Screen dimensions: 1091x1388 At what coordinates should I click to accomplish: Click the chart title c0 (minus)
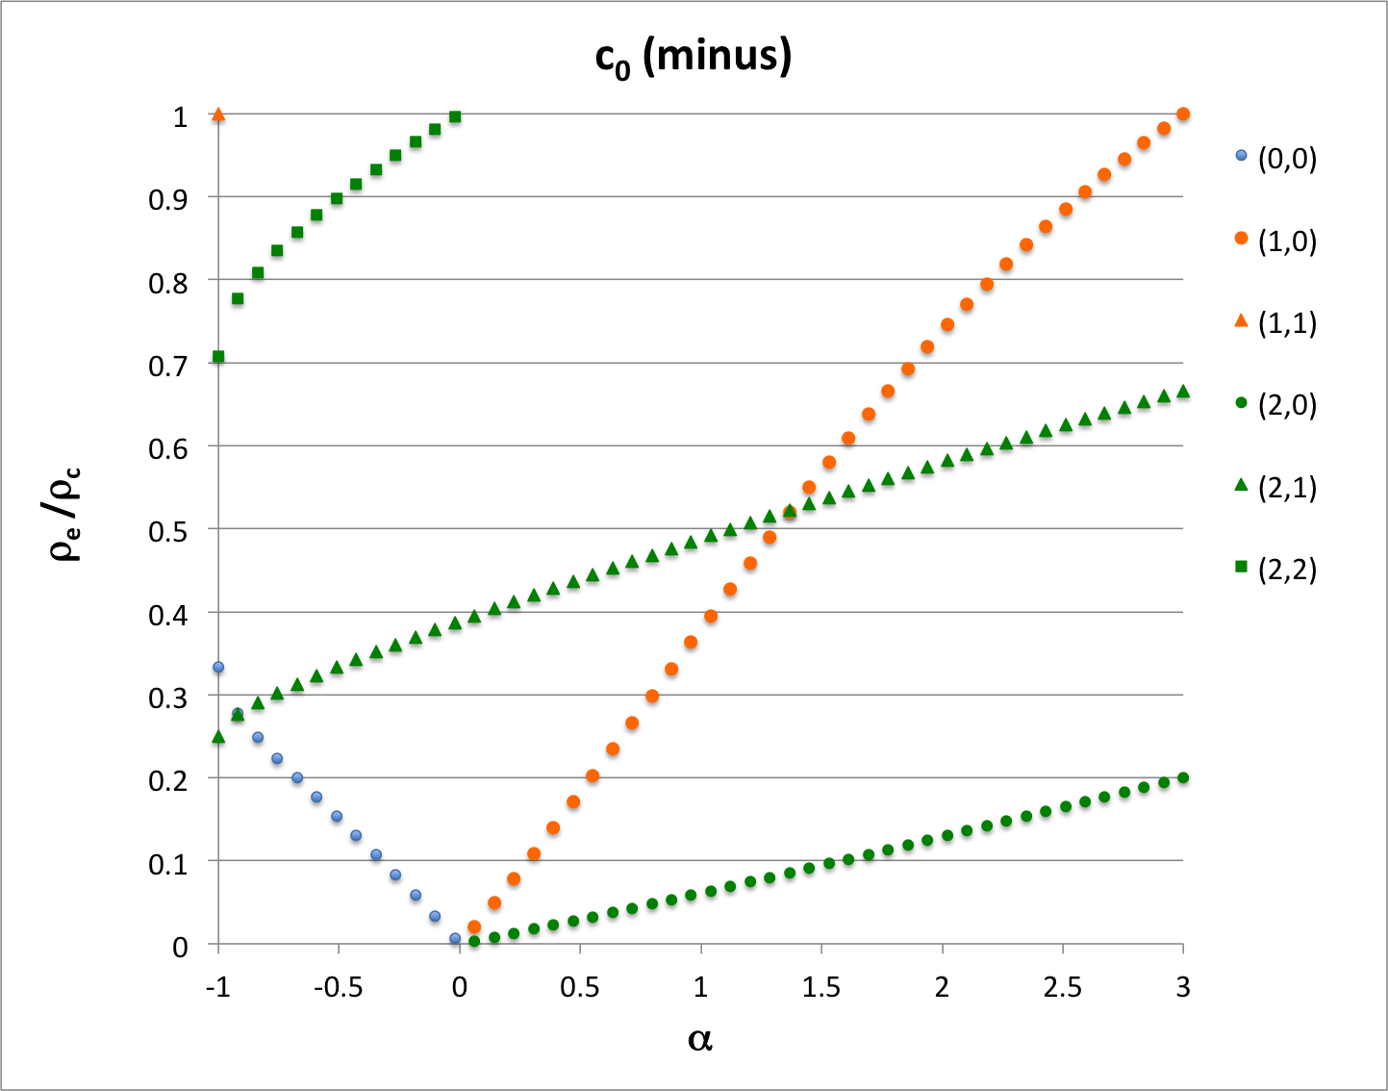tap(693, 58)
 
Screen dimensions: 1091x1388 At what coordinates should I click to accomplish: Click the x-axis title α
tap(700, 1039)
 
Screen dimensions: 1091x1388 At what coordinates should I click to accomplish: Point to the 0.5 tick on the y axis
tap(168, 530)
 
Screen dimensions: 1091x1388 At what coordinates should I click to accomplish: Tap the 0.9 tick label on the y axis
tap(168, 198)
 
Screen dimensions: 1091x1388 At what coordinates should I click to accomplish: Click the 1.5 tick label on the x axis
tap(821, 987)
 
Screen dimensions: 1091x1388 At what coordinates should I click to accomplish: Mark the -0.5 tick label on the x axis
tap(339, 987)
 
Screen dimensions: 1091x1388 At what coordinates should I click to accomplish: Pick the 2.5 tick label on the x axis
tap(1063, 987)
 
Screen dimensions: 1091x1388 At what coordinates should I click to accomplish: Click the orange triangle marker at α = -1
tap(218, 114)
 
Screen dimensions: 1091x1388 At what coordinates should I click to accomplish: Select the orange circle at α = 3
tap(1183, 114)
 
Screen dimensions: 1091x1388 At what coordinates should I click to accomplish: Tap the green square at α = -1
tap(218, 357)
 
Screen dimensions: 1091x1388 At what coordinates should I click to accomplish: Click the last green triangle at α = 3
tap(1183, 392)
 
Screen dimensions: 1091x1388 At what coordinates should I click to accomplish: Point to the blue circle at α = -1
tap(218, 667)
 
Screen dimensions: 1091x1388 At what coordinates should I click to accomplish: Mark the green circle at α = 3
tap(1183, 777)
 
